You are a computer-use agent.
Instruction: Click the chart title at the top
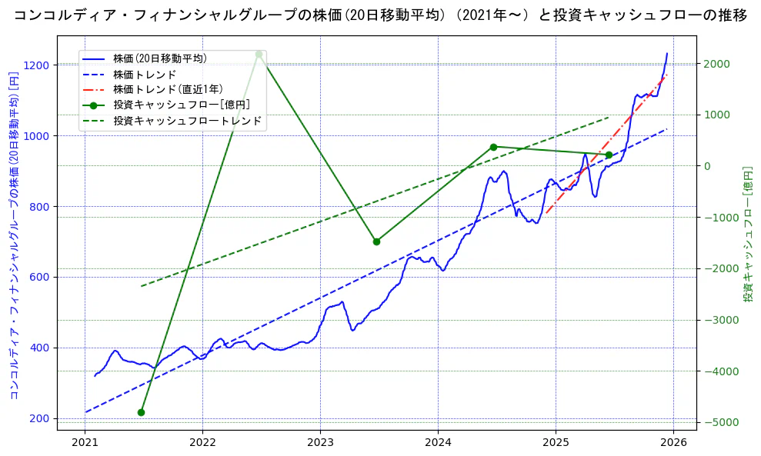(380, 15)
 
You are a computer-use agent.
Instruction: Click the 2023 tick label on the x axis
(320, 443)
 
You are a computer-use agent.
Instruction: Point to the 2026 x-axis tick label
(673, 443)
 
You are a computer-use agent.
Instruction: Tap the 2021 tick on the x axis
(85, 443)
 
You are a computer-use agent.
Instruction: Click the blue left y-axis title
(13, 236)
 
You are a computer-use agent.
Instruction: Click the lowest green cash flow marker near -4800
(141, 412)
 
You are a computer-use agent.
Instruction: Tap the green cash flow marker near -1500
(376, 241)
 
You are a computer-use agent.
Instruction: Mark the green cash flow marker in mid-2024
(493, 147)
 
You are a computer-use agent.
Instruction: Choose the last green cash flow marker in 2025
(609, 155)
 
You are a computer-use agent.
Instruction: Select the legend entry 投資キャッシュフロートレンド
(187, 121)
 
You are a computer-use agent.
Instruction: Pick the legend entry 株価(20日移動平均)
(159, 58)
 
